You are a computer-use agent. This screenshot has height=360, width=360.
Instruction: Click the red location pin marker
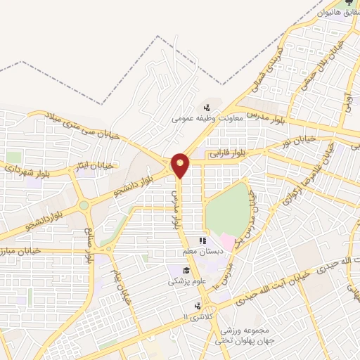coord(181,165)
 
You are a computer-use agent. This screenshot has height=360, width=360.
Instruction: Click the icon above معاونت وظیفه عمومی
coord(207,108)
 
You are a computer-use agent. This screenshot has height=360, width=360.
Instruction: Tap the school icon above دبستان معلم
coord(202,240)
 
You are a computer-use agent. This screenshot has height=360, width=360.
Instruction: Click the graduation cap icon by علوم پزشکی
coord(186,271)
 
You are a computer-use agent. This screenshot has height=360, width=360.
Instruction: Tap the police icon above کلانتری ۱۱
coord(198,307)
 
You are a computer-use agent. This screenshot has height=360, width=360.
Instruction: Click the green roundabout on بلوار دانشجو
coord(84,206)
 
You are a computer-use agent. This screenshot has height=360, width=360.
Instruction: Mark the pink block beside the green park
coord(227,243)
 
